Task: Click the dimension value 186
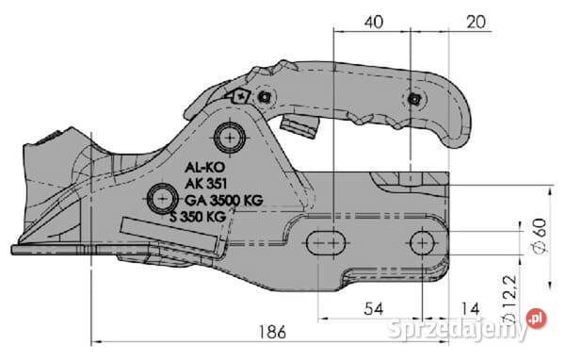(272, 332)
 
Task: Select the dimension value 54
(374, 309)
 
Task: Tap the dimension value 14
(470, 309)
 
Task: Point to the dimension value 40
(374, 22)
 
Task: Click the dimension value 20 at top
(476, 22)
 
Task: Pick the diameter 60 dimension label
(540, 237)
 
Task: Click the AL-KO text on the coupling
(204, 168)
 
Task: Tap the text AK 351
(205, 184)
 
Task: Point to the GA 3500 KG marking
(224, 200)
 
